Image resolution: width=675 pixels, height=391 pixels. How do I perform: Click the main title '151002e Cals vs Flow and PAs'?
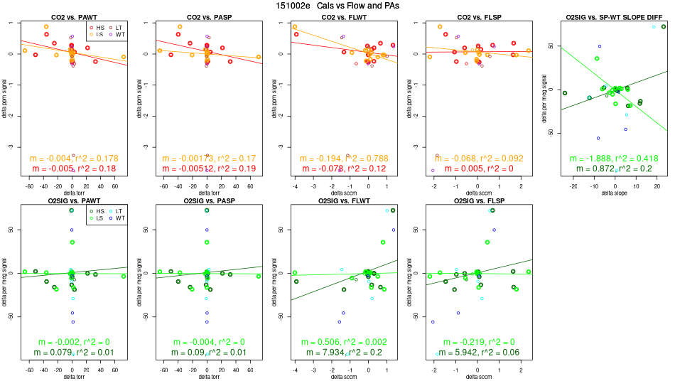point(337,5)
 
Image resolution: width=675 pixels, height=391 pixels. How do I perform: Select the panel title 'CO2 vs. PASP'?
point(206,16)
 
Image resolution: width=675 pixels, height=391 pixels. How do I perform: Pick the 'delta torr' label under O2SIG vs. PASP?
point(206,377)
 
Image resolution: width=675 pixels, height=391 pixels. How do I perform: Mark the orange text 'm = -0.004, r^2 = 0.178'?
point(74,158)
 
